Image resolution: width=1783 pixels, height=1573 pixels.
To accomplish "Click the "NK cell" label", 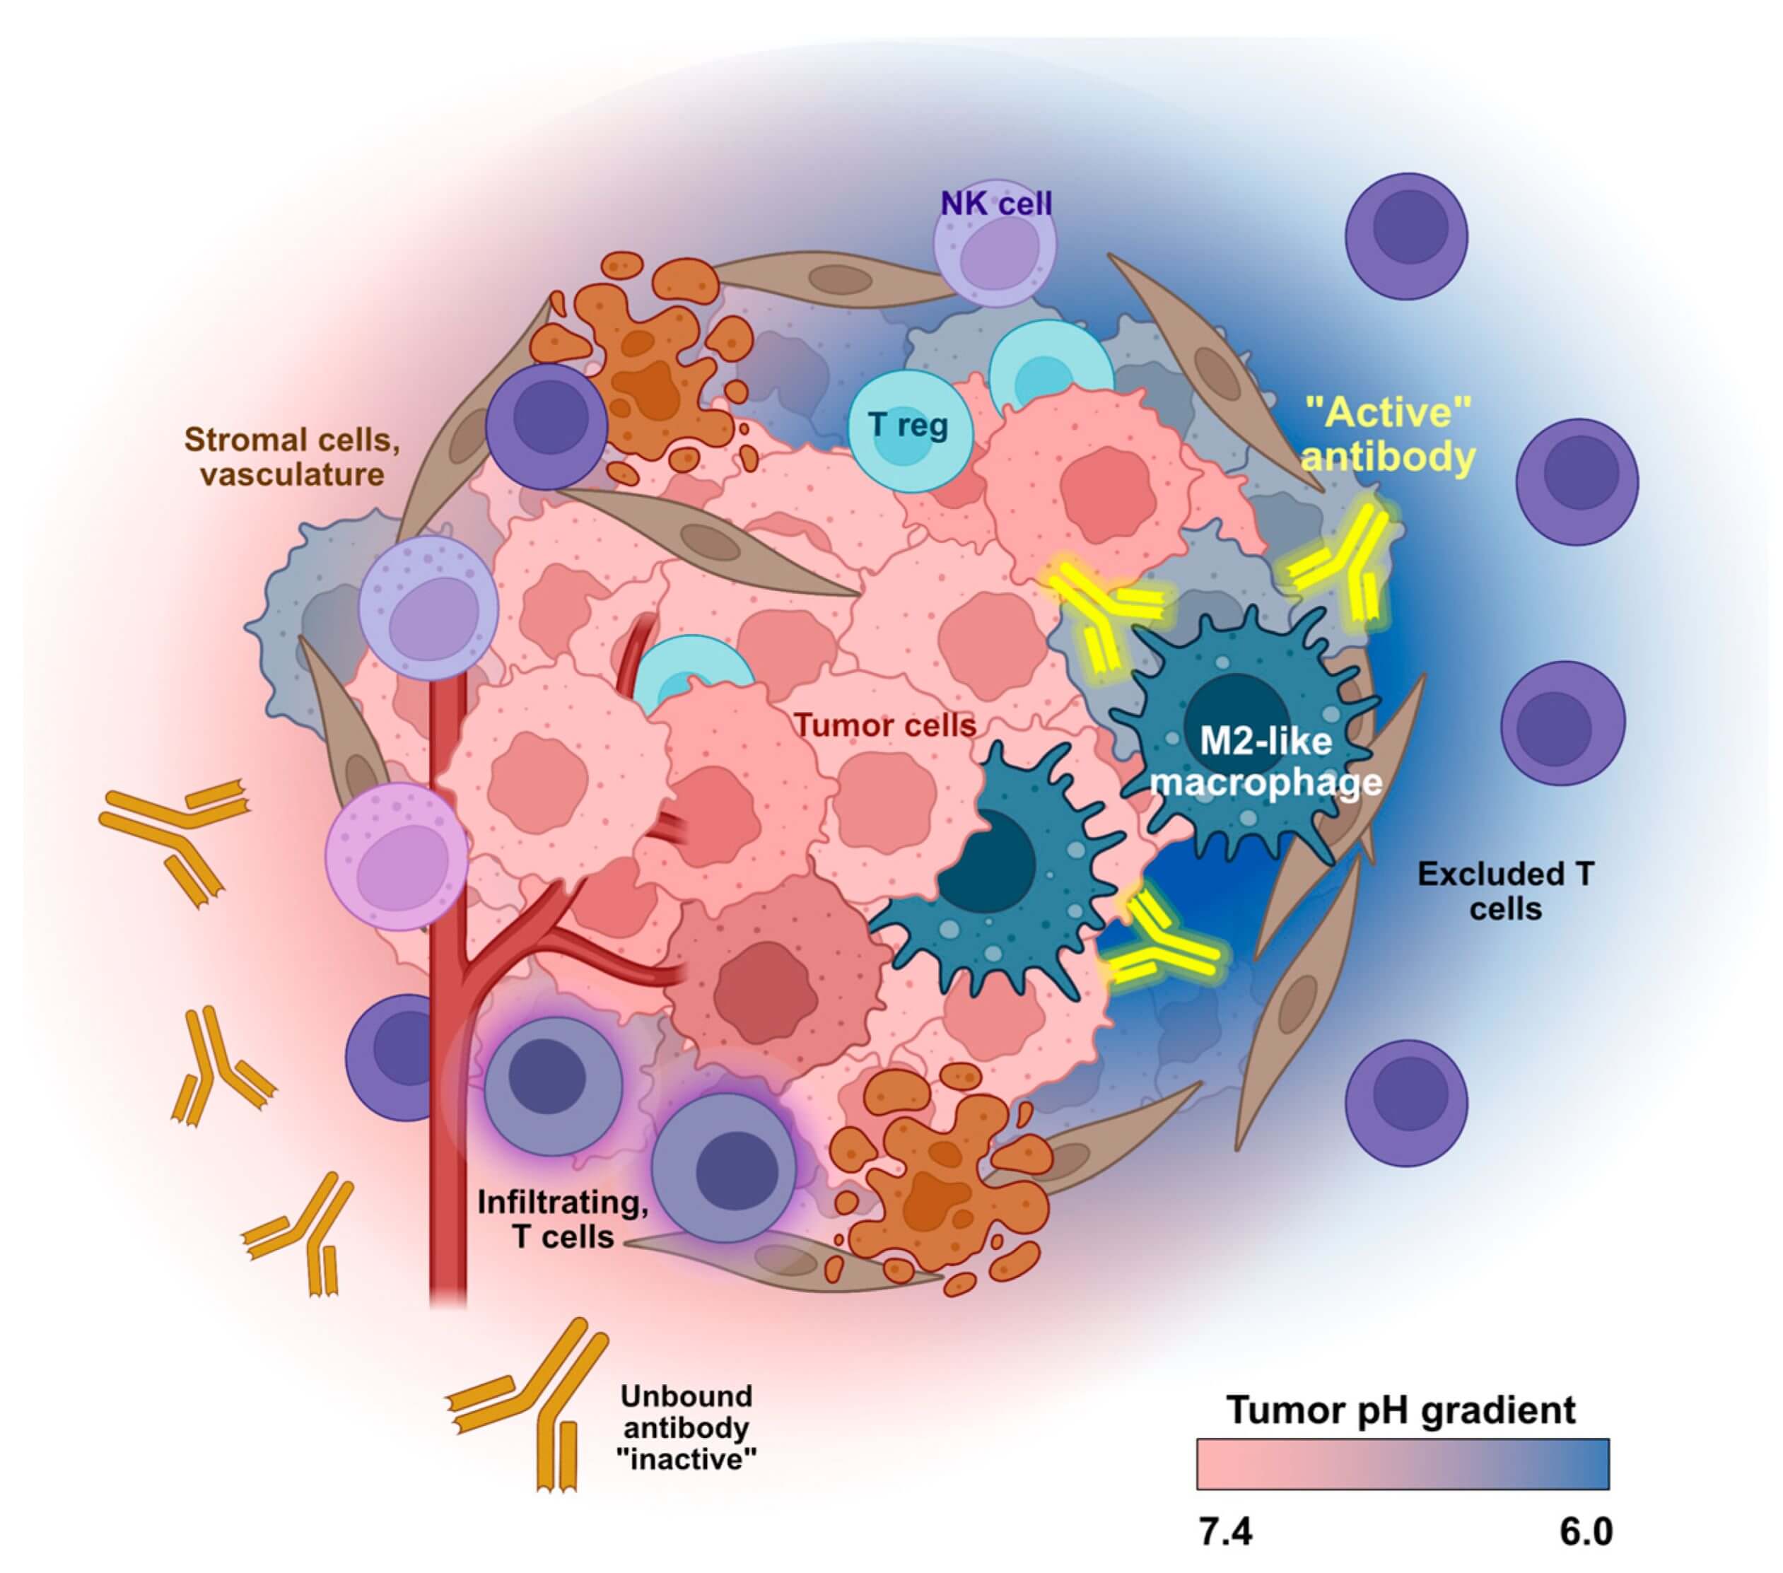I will click(996, 204).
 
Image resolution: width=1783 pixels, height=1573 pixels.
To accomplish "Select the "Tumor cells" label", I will click(884, 725).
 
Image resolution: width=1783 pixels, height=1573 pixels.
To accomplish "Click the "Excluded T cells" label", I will click(1506, 891).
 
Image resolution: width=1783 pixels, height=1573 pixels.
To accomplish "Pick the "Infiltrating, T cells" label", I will click(563, 1220).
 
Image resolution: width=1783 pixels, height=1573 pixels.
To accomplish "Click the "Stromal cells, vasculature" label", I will click(292, 456).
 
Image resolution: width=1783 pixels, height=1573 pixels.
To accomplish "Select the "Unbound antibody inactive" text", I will click(686, 1428).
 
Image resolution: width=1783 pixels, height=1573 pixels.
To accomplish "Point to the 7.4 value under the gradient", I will click(1226, 1531).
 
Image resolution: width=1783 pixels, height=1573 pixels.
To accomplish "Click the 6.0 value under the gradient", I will click(1585, 1531).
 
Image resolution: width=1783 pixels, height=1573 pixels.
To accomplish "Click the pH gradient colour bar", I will click(1403, 1464).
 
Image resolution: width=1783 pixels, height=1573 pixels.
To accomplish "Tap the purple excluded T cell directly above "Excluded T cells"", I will click(1562, 723).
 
